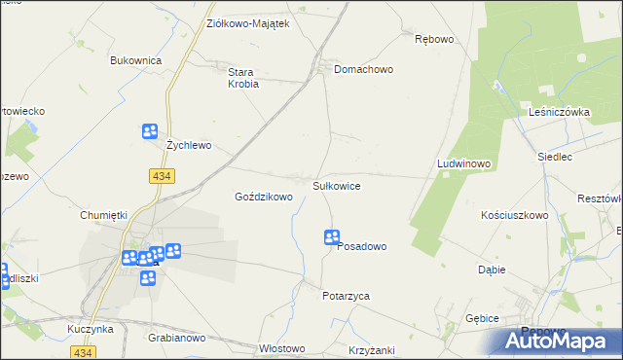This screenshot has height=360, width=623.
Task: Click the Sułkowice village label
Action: point(337,185)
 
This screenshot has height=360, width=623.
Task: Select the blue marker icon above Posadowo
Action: point(331,236)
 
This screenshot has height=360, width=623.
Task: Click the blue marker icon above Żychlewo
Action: point(149,131)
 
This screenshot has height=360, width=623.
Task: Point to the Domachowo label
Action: point(363,70)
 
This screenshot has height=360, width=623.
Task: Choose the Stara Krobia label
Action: point(242,78)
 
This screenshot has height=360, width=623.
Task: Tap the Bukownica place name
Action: point(135,60)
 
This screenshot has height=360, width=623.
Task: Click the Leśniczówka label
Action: point(560,112)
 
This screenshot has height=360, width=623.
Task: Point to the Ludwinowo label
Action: point(463,164)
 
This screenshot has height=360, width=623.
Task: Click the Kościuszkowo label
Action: point(515,215)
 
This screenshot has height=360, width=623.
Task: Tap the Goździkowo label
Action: point(264,197)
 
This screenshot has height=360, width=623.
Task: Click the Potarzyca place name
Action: point(346,295)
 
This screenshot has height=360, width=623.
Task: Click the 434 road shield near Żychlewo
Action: point(163,175)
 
